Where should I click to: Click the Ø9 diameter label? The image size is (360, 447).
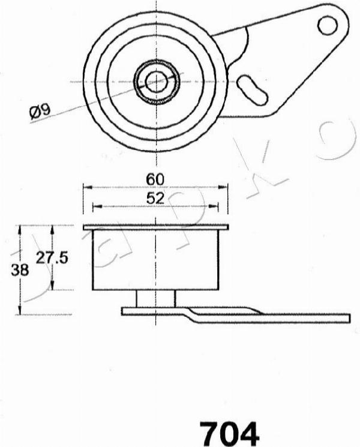40,112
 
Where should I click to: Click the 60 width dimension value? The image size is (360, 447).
155,179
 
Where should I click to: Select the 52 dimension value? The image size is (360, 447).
155,198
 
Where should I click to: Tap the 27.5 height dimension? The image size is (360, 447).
52,258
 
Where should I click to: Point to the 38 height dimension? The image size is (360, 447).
20,269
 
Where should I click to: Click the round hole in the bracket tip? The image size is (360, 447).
328,25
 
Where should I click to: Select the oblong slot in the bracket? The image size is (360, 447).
253,90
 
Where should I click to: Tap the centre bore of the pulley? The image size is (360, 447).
156,82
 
